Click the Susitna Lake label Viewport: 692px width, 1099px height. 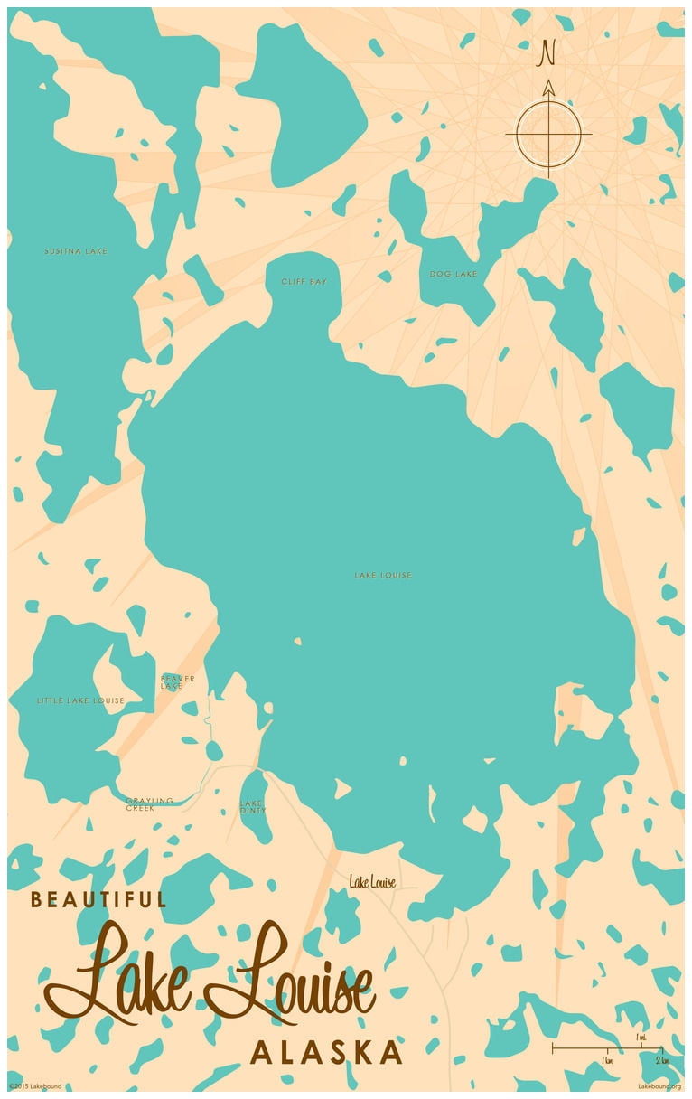click(x=76, y=251)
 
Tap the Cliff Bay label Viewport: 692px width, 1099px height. click(x=304, y=282)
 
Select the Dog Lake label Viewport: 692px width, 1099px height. click(x=453, y=274)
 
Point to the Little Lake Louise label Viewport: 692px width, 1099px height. click(x=80, y=700)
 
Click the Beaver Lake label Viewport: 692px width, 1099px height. click(x=177, y=682)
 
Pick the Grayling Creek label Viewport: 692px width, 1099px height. click(x=149, y=804)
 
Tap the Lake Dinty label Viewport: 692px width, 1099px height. click(x=251, y=806)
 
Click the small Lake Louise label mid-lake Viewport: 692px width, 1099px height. click(x=382, y=575)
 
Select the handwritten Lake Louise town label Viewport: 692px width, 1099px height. click(x=372, y=882)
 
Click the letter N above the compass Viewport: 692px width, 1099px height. click(x=547, y=53)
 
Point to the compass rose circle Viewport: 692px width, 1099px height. click(x=547, y=134)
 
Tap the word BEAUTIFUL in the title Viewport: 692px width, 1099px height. click(x=98, y=900)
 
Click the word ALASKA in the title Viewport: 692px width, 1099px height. click(x=326, y=1053)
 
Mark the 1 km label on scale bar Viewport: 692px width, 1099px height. click(x=607, y=1059)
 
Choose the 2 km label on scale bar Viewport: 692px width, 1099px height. click(x=661, y=1059)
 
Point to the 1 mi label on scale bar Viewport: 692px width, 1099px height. click(x=641, y=1037)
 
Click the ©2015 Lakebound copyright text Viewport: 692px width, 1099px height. click(x=36, y=1086)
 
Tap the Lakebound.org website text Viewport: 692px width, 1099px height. click(x=659, y=1086)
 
